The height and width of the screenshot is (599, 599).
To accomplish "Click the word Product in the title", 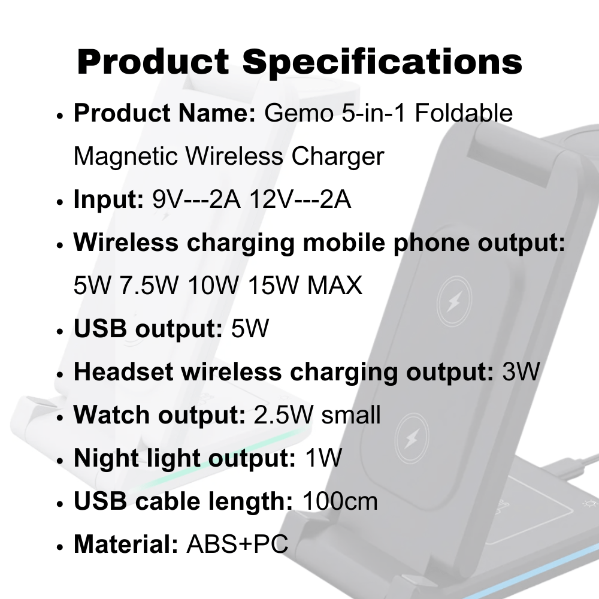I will (x=153, y=61).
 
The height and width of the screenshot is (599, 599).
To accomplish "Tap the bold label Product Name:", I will (x=165, y=113).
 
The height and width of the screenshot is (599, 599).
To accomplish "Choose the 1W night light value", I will (x=323, y=458).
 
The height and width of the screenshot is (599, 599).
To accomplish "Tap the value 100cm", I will (x=340, y=501).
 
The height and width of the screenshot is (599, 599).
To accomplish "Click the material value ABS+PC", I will (x=237, y=544).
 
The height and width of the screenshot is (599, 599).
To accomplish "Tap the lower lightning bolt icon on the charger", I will (x=413, y=438).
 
